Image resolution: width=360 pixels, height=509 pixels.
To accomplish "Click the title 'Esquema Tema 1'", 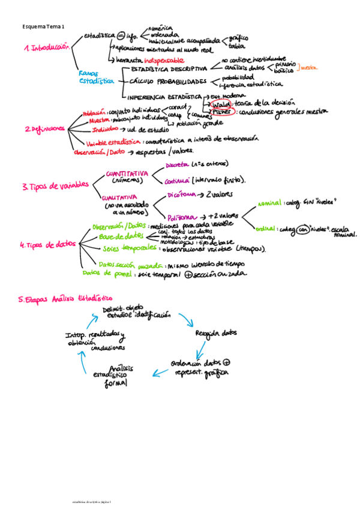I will [x=43, y=27].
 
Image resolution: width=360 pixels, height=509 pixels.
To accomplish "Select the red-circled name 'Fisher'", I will [x=222, y=112].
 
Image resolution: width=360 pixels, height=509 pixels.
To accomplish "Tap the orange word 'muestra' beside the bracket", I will [x=309, y=68].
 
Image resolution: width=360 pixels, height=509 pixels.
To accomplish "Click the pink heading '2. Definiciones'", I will [x=45, y=128].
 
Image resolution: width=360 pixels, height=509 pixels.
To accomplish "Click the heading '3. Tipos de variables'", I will [x=55, y=186].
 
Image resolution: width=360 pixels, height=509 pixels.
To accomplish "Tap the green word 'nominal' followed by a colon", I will [x=270, y=203].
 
